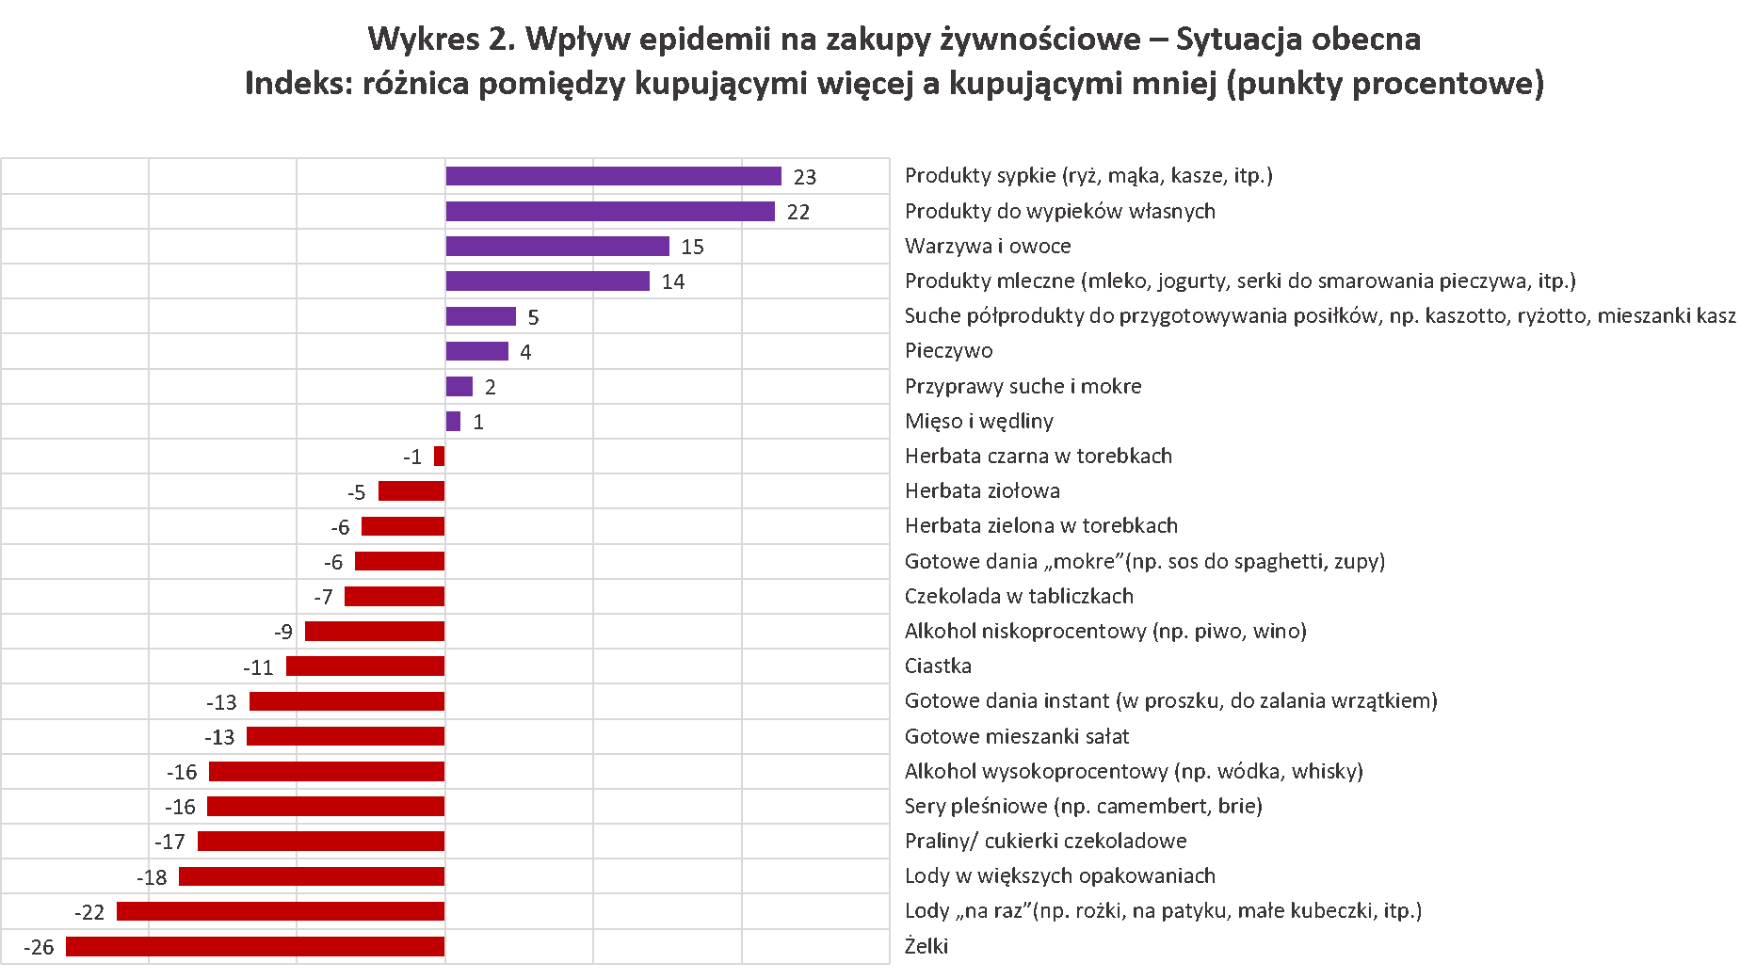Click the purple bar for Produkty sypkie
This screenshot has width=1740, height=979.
coord(613,176)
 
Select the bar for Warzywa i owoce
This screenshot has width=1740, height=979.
coord(557,247)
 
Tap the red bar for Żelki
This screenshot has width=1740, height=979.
coord(255,946)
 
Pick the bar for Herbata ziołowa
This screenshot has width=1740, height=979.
coord(411,491)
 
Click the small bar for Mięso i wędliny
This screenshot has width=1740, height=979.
coord(453,422)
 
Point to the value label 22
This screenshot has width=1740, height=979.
coord(797,212)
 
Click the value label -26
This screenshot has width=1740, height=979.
coord(40,947)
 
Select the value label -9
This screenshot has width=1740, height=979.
coord(283,632)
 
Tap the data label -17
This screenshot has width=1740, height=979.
coord(170,842)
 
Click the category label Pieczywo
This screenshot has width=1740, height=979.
coord(948,351)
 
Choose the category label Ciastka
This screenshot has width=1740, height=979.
coord(938,666)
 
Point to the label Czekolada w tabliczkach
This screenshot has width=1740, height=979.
coord(1019,596)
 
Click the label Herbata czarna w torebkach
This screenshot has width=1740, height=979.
coord(1038,457)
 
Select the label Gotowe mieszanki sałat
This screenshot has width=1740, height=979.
coord(1016,736)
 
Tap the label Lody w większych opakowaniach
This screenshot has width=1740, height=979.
coord(1059,875)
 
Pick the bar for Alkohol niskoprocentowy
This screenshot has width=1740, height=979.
coord(375,632)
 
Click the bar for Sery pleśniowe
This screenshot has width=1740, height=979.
coord(326,807)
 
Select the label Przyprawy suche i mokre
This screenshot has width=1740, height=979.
coord(1023,386)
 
